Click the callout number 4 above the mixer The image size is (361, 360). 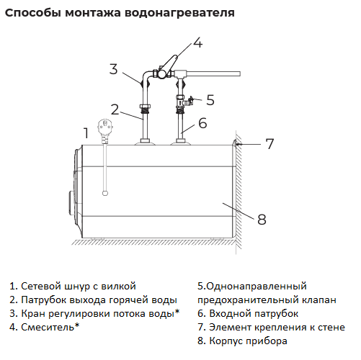(198, 42)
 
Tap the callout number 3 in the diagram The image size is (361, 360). (114, 69)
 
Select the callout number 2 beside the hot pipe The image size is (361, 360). (115, 109)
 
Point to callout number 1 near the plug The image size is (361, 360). (86, 133)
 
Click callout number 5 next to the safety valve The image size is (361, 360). (210, 100)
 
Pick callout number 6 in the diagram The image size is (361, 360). (202, 123)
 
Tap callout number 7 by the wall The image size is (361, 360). (269, 144)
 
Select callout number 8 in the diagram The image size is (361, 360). (262, 220)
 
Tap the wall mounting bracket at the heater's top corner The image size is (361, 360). (234, 143)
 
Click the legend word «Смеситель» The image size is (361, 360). (48, 327)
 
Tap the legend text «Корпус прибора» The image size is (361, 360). (248, 341)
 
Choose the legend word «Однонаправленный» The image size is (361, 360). (257, 287)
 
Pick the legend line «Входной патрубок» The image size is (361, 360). (254, 314)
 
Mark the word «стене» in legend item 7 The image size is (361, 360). (331, 328)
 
